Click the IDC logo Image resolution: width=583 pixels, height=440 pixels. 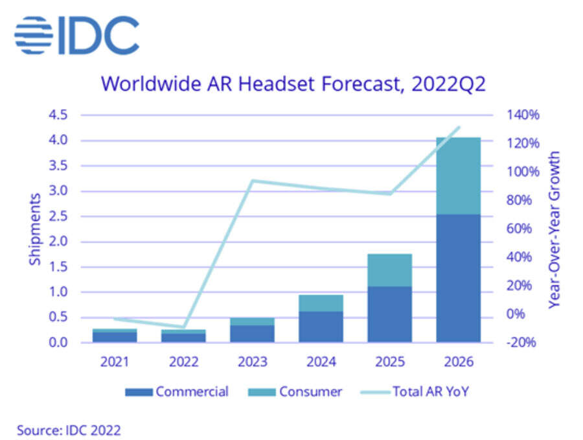click(76, 35)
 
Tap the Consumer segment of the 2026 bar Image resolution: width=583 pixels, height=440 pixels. click(458, 176)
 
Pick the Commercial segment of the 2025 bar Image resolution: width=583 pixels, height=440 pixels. click(389, 314)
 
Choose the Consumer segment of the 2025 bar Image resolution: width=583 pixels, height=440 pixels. click(389, 270)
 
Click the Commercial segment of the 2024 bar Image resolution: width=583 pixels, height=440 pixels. click(321, 327)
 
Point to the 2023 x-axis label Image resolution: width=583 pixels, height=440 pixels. click(252, 362)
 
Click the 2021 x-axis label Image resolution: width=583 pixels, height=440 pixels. click(115, 362)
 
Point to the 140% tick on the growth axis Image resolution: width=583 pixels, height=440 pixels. click(522, 115)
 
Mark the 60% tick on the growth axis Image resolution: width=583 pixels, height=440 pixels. click(522, 229)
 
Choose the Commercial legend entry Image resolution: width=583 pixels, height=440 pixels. click(177, 391)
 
